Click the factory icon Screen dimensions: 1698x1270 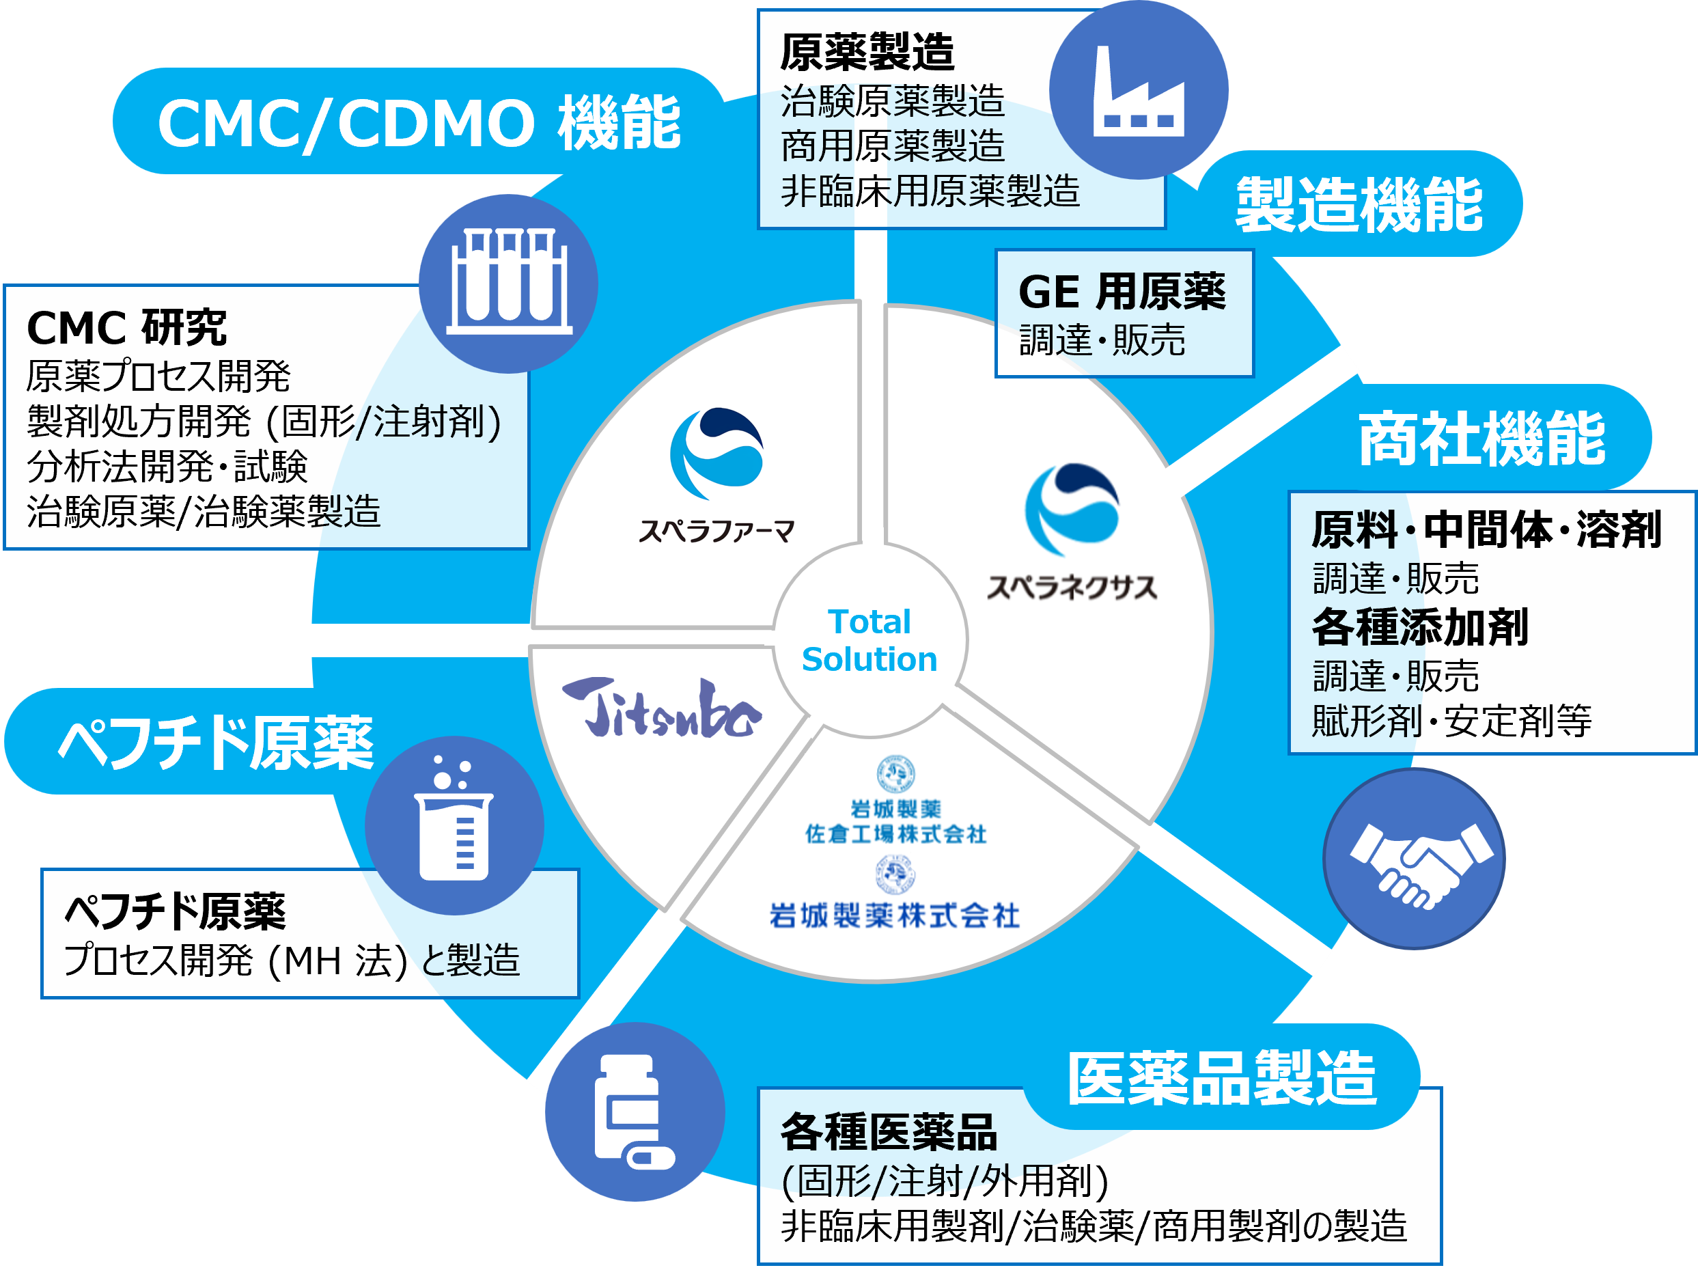(1139, 91)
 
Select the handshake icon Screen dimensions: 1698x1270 (1421, 866)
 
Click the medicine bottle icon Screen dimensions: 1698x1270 (634, 1111)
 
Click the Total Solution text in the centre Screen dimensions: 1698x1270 (869, 640)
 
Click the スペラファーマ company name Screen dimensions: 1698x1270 (716, 531)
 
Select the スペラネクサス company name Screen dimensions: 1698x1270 (1072, 588)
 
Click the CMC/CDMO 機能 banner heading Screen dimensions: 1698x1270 (419, 123)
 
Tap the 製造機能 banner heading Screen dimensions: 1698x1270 (1359, 204)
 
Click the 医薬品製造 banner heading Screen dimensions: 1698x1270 (1222, 1078)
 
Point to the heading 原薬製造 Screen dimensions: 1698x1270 (867, 52)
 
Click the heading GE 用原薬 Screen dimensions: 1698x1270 (1122, 292)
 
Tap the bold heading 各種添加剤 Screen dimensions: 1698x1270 (1420, 627)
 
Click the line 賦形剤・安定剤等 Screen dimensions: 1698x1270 (1451, 721)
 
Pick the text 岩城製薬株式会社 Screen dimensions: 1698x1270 (894, 915)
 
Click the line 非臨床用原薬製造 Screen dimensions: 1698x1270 (930, 191)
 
